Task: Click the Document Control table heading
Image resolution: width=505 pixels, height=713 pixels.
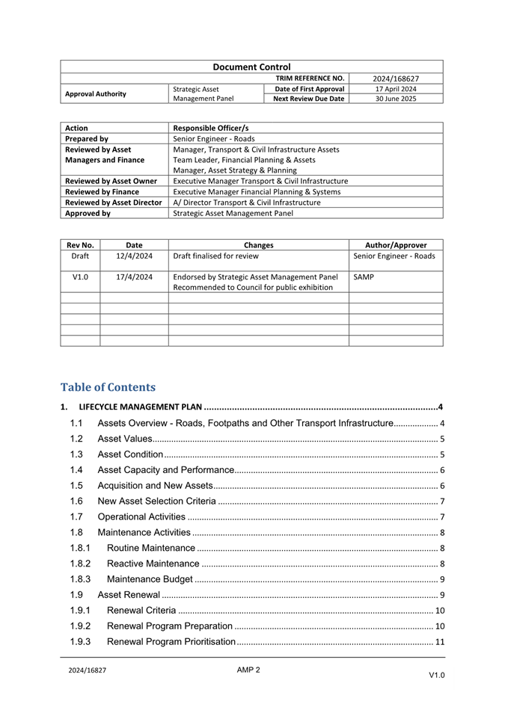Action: coord(251,67)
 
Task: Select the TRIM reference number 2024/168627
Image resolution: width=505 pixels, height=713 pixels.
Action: coord(396,78)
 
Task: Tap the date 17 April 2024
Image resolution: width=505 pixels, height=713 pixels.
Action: coord(396,89)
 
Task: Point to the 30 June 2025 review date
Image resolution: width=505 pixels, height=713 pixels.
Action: coord(396,99)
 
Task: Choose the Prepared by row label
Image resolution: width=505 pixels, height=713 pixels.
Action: coord(87,138)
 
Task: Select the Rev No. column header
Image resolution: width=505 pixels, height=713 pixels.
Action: coord(80,245)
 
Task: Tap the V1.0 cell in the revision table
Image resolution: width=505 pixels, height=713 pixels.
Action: coord(80,277)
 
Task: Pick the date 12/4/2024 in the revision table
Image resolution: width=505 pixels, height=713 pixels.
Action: coord(135,256)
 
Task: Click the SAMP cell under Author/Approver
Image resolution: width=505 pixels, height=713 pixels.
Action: coord(364,277)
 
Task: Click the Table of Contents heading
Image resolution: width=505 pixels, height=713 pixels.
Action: coord(108,387)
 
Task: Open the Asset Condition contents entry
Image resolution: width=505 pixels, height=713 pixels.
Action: coord(131,454)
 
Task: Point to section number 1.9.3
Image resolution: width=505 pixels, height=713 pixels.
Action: coord(80,642)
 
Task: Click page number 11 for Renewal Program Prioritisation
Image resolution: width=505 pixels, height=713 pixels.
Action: coord(441,642)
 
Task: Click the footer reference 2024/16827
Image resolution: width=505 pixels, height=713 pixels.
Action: coord(87,670)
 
